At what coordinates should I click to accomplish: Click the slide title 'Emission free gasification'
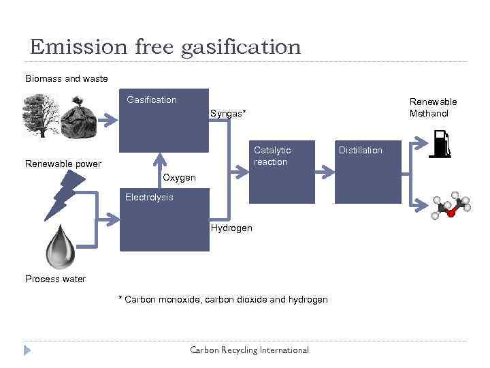click(x=165, y=46)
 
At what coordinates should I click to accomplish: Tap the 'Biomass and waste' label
click(x=66, y=78)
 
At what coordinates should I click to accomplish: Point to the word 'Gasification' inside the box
click(x=151, y=100)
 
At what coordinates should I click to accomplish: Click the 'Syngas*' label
click(x=227, y=114)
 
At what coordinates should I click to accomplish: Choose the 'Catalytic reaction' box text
click(x=272, y=156)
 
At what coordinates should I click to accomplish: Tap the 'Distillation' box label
click(x=360, y=150)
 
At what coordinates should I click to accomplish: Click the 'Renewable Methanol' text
click(x=433, y=108)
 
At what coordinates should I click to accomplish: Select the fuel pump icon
click(x=440, y=143)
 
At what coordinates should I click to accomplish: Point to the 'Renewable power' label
click(x=63, y=164)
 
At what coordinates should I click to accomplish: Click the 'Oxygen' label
click(x=180, y=178)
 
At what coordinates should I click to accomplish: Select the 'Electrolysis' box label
click(x=149, y=198)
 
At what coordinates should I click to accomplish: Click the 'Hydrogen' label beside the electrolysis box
click(x=231, y=228)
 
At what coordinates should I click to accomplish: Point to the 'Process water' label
click(x=55, y=279)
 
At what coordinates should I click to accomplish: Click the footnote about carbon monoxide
click(x=223, y=300)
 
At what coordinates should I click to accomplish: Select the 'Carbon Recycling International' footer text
click(x=249, y=350)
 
